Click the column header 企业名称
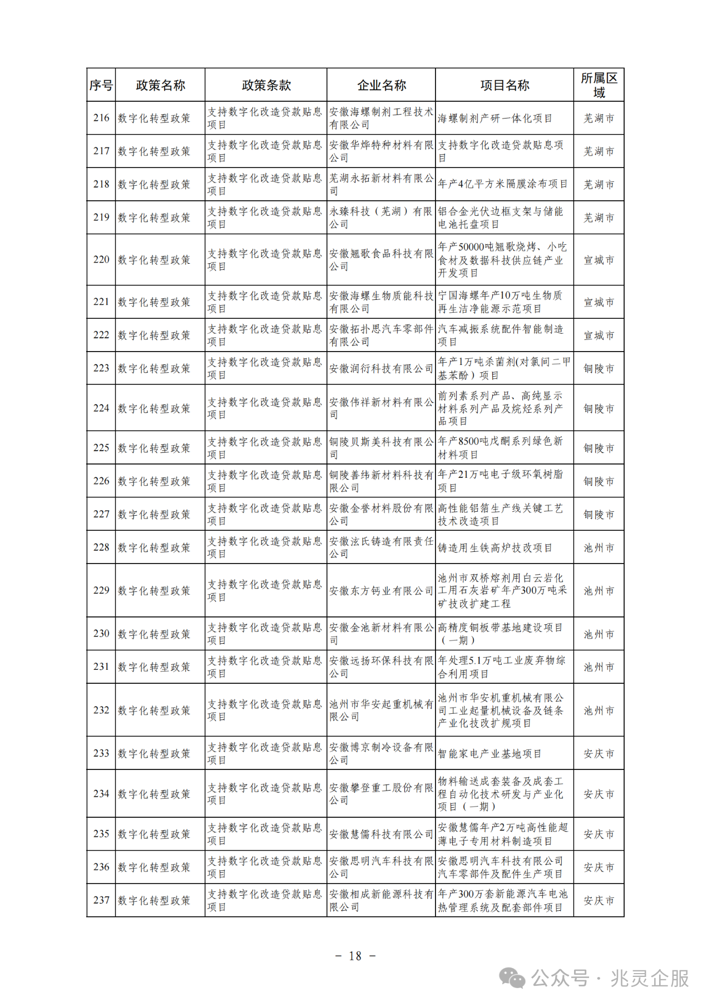coord(382,85)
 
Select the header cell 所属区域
coord(599,85)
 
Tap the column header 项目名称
coord(505,85)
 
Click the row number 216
coord(101,118)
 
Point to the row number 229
coord(101,590)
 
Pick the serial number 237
coord(101,900)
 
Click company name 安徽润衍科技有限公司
coord(381,368)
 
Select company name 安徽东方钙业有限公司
coord(381,590)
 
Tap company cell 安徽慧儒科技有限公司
coord(381,834)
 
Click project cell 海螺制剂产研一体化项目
coord(495,118)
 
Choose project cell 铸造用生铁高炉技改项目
coord(495,547)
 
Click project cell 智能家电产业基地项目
coord(489,753)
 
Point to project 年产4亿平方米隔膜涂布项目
coord(503,184)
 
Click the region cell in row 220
coord(599,260)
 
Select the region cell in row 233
coord(599,753)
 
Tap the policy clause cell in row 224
coord(265,408)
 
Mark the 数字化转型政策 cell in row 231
coord(154,667)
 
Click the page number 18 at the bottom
coord(355,956)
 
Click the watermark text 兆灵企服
coord(650,978)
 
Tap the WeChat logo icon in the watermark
coord(512,978)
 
